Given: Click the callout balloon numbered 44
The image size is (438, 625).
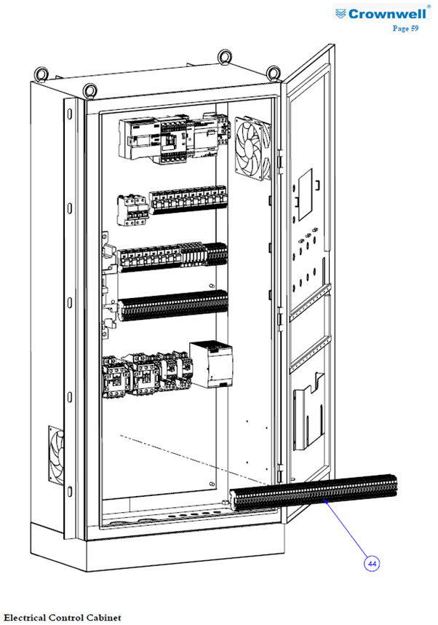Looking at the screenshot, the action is click(372, 564).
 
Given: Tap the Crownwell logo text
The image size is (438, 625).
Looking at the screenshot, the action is click(386, 14).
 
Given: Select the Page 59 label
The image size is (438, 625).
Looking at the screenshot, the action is click(405, 28).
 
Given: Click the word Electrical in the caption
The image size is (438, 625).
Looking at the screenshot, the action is click(25, 618).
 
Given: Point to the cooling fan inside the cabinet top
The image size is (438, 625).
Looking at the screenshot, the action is click(253, 148).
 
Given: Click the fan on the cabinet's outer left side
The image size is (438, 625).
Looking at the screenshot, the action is click(57, 455).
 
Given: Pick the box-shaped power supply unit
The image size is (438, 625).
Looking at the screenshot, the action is click(211, 364).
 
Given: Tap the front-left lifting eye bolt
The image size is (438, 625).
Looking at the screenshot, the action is click(90, 90).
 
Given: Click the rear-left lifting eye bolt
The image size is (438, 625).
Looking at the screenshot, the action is click(41, 74).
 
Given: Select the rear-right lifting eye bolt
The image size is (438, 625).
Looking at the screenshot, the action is click(225, 57).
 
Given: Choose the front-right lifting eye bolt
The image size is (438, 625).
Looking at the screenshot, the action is click(274, 73).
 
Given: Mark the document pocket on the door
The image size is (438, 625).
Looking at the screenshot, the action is click(308, 411).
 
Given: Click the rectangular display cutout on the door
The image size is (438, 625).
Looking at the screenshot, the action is click(306, 194).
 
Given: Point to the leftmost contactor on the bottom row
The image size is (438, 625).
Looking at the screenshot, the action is click(116, 377).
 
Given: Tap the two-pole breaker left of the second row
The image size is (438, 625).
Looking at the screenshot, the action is click(132, 210).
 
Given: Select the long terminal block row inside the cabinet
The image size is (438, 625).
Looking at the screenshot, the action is click(173, 306).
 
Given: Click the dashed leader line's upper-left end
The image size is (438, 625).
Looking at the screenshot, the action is click(121, 436).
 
